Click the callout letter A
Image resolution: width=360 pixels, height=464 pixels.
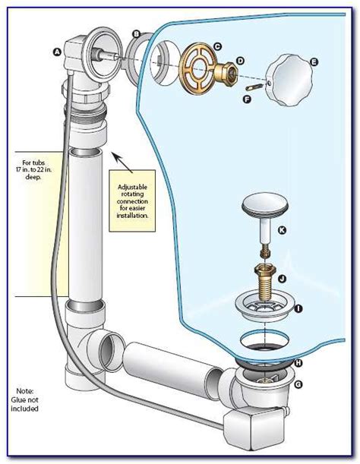[x=57, y=52]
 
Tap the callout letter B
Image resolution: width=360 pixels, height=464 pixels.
[x=136, y=33]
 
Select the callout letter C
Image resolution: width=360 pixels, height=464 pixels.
[x=216, y=47]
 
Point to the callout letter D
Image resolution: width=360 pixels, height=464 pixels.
[x=240, y=61]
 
